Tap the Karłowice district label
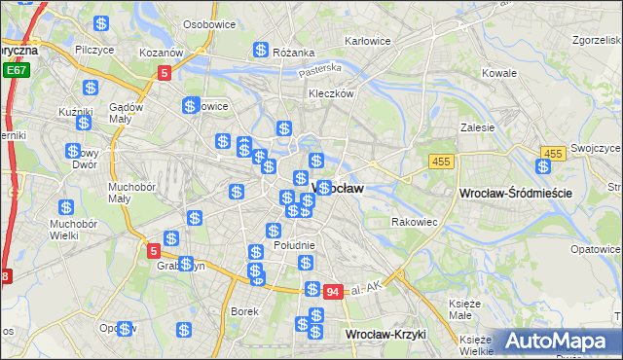(x=368, y=42)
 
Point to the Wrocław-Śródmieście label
(x=514, y=194)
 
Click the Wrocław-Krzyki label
(x=386, y=334)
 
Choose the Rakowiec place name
(x=414, y=223)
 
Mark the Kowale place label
(x=499, y=73)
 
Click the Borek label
(x=243, y=311)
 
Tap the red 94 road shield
(x=333, y=291)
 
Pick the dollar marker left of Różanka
(x=261, y=50)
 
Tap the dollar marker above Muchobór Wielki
(x=66, y=207)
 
